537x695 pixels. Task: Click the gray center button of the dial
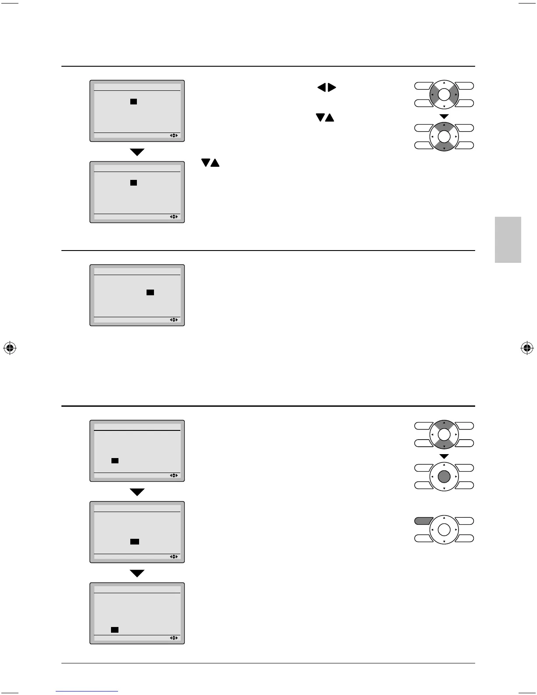(x=444, y=476)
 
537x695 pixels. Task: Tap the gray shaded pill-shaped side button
(x=423, y=521)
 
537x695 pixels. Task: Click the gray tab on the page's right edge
(x=508, y=240)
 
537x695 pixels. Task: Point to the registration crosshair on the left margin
(x=10, y=348)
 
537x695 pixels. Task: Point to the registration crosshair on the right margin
(x=526, y=348)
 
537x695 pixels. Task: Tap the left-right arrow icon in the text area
(x=326, y=88)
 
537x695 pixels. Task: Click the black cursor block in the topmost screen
(x=134, y=101)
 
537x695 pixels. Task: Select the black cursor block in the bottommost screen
(x=115, y=630)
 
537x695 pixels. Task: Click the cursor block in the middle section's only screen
(x=150, y=292)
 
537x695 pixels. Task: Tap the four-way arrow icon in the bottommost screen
(x=174, y=638)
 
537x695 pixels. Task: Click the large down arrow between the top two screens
(x=137, y=152)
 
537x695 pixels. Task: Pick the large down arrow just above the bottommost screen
(x=137, y=573)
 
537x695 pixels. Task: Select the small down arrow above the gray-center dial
(x=444, y=457)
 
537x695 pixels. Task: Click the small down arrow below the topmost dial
(x=444, y=116)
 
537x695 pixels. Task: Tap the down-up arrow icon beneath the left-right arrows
(x=325, y=118)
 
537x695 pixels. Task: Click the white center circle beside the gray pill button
(x=444, y=530)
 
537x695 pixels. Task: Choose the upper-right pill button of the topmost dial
(x=465, y=86)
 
